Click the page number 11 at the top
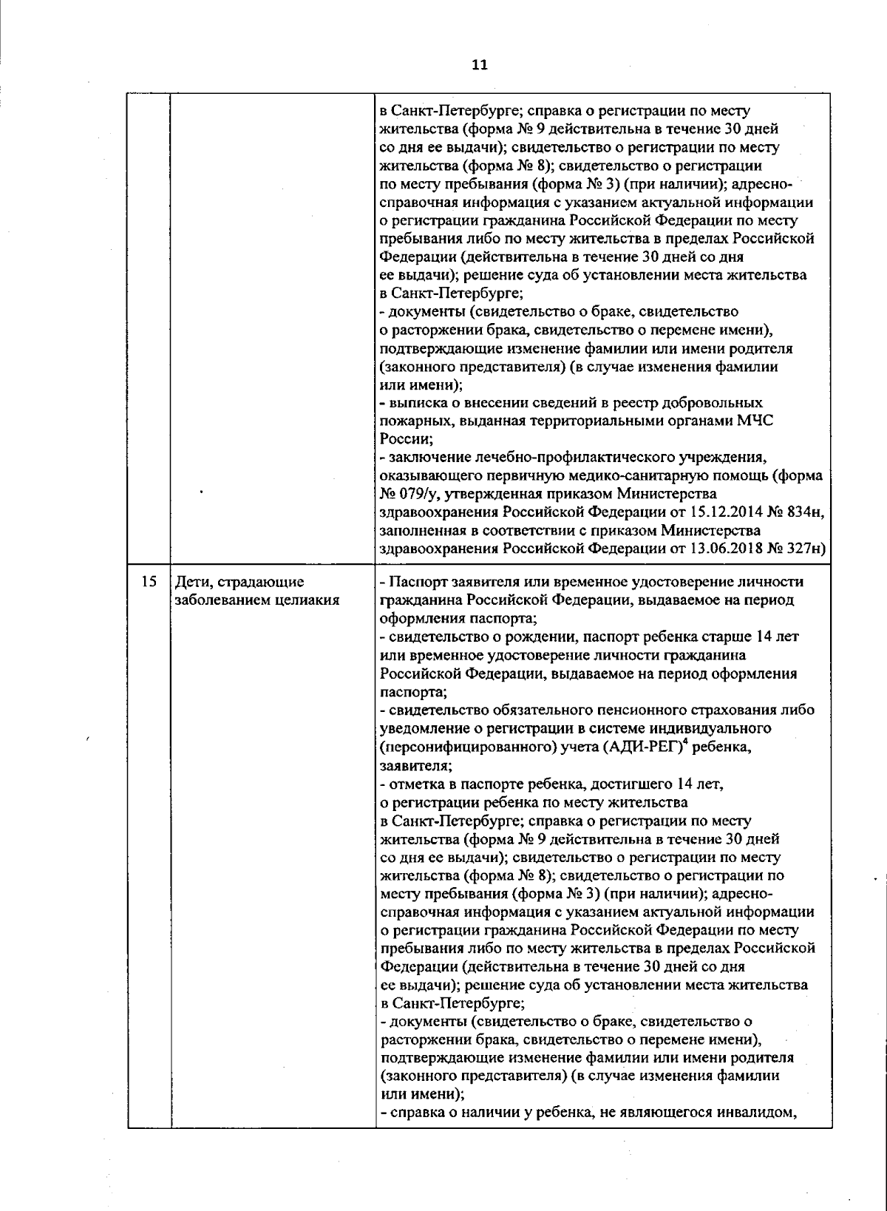click(x=479, y=64)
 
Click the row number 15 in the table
click(x=149, y=582)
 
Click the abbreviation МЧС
click(x=753, y=421)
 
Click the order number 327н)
click(x=803, y=549)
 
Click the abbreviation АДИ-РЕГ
click(x=644, y=747)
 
